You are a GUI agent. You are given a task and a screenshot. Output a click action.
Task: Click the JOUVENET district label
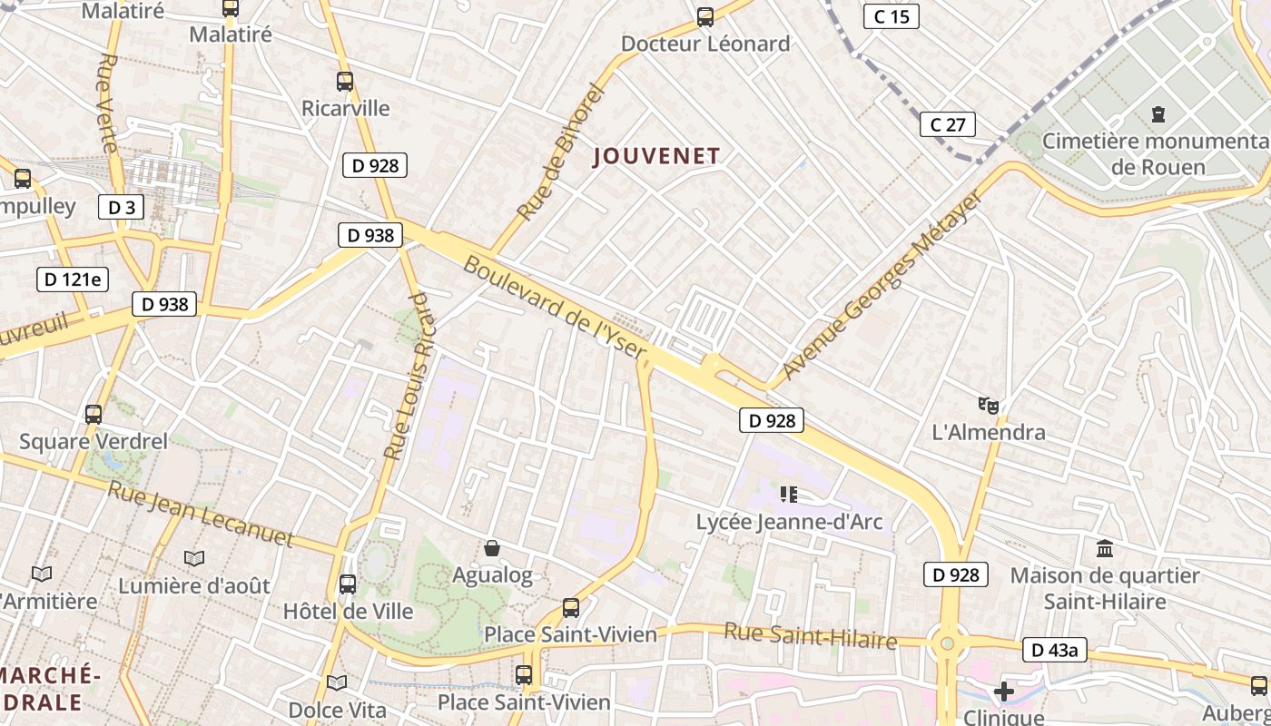656,156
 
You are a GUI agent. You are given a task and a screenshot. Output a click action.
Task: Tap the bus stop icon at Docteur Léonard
704,16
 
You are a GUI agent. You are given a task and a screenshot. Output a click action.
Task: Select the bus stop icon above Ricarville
345,82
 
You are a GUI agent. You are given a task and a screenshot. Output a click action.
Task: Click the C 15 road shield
891,16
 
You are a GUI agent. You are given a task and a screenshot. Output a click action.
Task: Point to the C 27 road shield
948,124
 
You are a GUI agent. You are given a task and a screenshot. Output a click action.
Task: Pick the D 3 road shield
121,207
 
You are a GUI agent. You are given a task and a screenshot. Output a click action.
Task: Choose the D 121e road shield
73,279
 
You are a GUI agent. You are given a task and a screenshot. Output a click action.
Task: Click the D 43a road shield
1054,650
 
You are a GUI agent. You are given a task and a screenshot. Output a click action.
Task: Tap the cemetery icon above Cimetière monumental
1158,114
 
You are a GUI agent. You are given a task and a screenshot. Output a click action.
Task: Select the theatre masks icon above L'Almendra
989,405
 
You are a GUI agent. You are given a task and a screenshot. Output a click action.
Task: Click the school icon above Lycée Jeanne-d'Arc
788,495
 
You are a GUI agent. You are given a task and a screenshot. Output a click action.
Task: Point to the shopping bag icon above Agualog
492,547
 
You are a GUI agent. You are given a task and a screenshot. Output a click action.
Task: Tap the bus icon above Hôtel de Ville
348,584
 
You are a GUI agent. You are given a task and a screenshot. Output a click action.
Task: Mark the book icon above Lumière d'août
194,558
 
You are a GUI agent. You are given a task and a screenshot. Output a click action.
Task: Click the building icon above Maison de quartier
1105,548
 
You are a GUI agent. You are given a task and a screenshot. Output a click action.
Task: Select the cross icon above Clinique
1003,692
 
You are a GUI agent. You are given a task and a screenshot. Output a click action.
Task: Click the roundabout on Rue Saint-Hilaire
949,644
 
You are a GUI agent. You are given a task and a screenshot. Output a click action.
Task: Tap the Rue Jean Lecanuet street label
201,515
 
